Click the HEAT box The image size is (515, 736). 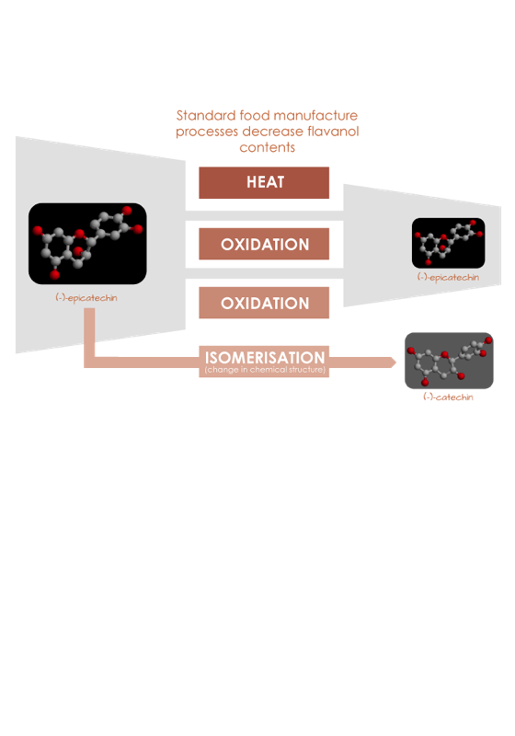[264, 182]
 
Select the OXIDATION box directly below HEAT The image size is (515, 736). [264, 244]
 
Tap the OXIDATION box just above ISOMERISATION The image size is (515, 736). [264, 303]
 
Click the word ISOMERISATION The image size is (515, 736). [265, 357]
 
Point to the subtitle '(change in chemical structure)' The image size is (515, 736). [265, 370]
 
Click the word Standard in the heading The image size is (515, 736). [206, 116]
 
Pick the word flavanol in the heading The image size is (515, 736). [333, 131]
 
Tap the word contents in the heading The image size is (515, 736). [268, 147]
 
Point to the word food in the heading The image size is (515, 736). [255, 116]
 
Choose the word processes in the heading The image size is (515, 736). [207, 132]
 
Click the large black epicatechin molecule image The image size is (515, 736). [87, 244]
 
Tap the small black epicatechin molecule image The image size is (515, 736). [449, 243]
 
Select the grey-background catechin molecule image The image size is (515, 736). [449, 361]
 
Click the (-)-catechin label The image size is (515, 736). [448, 397]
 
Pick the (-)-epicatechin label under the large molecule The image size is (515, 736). [86, 298]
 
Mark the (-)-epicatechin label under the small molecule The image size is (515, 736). [449, 278]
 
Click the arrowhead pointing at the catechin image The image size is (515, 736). [392, 362]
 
